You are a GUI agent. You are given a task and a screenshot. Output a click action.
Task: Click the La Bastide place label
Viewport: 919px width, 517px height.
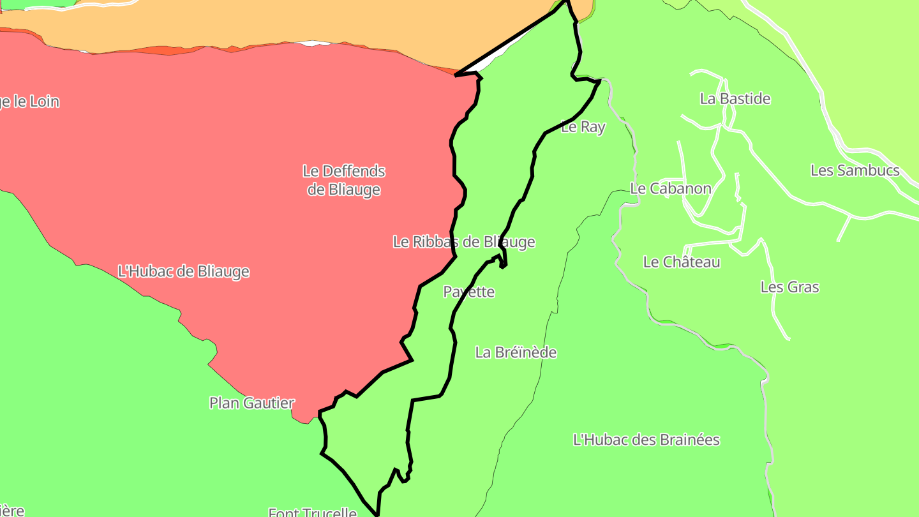click(735, 99)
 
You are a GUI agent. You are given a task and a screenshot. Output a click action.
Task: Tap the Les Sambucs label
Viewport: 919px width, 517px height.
click(855, 170)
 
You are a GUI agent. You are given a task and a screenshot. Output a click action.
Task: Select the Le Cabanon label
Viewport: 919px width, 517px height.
click(670, 188)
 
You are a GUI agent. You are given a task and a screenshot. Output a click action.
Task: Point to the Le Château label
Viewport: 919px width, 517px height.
click(682, 262)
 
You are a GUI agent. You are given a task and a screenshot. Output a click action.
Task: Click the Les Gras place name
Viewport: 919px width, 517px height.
click(789, 287)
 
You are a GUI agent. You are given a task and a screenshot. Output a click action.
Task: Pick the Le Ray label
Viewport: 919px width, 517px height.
click(583, 127)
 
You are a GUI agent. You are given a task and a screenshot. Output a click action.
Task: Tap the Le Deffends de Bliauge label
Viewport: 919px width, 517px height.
click(344, 180)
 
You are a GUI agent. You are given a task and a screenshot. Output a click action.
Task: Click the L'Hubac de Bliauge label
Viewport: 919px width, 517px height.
click(184, 271)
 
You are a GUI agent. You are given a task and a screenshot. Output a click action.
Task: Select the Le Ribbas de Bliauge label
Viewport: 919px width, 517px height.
click(463, 242)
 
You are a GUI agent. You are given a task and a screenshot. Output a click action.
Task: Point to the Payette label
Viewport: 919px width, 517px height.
click(469, 292)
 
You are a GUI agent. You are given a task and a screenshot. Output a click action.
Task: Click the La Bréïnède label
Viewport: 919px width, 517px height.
click(516, 352)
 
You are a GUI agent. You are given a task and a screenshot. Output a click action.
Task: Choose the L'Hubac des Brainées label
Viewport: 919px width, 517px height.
click(646, 440)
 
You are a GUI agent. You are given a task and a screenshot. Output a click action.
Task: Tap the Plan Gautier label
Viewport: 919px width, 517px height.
click(252, 403)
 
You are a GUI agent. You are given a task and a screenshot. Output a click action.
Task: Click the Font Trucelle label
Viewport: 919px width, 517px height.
click(312, 512)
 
